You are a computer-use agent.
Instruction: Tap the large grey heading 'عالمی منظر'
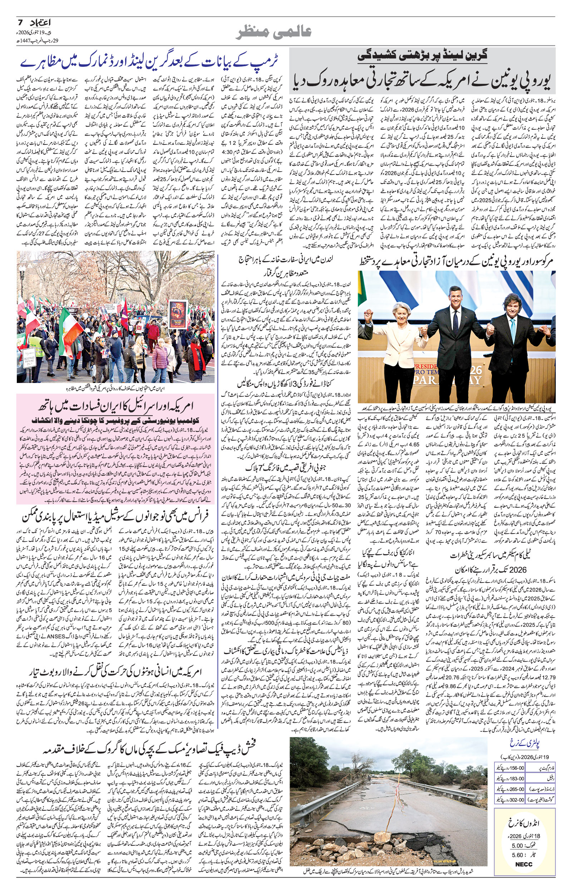pos(274,32)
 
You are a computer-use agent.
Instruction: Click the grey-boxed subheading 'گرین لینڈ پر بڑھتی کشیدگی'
pos(423,56)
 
